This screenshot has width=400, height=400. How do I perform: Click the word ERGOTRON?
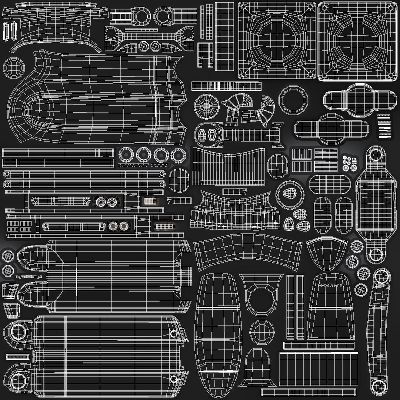[331, 286]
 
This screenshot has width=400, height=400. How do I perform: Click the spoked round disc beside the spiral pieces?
[207, 106]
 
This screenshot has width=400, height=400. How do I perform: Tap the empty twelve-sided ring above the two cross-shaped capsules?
[293, 100]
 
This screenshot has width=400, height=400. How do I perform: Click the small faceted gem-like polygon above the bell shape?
[262, 332]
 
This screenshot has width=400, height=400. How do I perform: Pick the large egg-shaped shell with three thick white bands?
[218, 335]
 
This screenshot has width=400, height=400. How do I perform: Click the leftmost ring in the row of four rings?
[126, 154]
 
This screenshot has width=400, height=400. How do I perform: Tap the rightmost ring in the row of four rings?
[178, 155]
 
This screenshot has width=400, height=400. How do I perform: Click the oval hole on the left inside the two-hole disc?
[203, 134]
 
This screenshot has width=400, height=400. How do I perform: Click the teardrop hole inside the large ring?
[289, 194]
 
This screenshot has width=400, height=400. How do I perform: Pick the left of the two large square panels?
[277, 41]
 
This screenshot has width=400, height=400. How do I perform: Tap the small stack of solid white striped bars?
[384, 126]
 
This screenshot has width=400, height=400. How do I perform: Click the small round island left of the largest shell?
[14, 68]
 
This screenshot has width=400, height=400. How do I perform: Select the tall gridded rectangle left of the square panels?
[224, 36]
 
